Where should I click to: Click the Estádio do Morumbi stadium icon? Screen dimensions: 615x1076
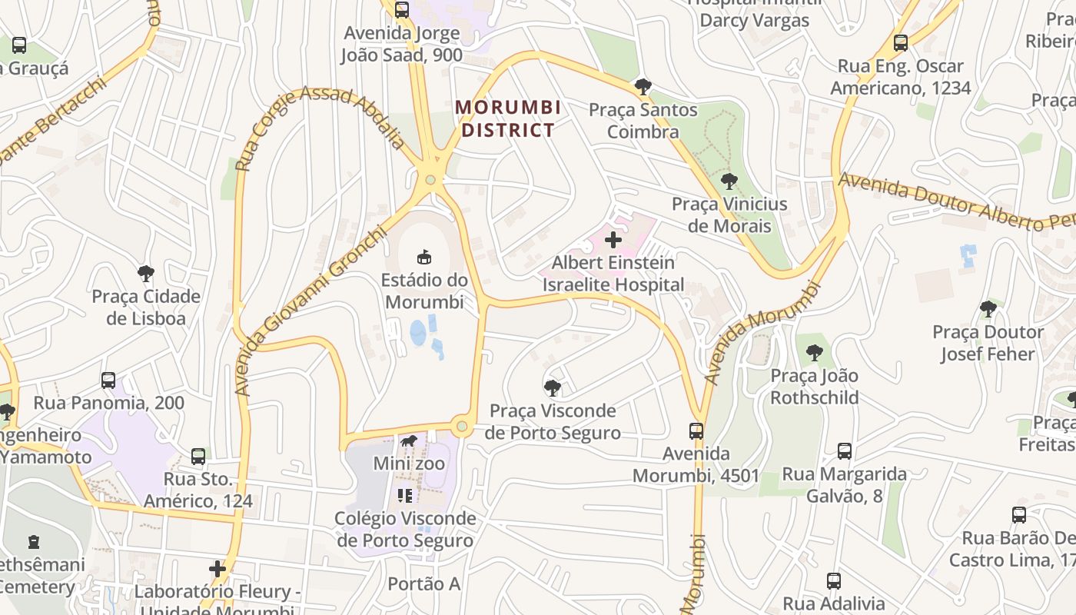point(423,256)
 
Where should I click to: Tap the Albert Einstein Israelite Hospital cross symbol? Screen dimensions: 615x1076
point(613,240)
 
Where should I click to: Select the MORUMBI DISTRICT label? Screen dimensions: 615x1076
point(507,118)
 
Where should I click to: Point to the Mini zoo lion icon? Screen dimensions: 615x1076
point(409,441)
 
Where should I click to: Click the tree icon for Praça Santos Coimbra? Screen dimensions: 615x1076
point(643,86)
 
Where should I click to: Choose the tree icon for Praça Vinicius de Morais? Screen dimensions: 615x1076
point(729,181)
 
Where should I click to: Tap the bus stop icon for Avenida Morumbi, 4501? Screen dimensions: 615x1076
point(696,430)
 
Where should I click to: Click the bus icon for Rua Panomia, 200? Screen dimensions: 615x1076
point(108,380)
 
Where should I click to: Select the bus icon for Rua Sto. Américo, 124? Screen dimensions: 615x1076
point(198,457)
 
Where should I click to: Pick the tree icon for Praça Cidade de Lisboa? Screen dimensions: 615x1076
point(145,273)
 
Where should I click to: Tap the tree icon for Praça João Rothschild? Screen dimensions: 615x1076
point(814,353)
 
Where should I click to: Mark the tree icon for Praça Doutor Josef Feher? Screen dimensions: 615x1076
point(988,309)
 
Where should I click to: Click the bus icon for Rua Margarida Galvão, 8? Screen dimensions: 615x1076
point(845,451)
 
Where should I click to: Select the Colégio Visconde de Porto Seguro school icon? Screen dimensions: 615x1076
point(405,496)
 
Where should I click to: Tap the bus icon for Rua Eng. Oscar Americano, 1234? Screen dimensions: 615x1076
point(900,43)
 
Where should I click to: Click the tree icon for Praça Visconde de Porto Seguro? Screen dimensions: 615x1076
point(552,387)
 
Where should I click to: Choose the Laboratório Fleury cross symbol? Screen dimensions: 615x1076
point(218,569)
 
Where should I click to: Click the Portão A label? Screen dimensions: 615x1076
point(423,584)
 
